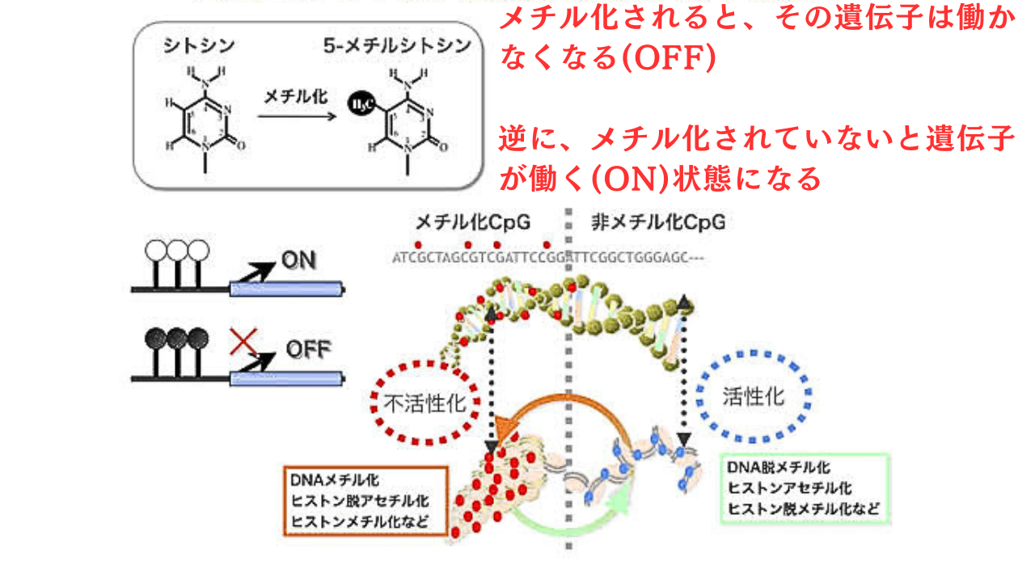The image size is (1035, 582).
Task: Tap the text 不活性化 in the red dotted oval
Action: pyautogui.click(x=425, y=403)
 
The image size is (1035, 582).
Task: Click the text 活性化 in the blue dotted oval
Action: pyautogui.click(x=753, y=396)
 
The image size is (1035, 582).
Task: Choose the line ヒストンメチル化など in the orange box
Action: pyautogui.click(x=361, y=520)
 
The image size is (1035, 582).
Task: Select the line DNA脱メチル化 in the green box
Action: pyautogui.click(x=779, y=468)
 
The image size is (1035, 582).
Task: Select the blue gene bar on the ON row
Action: pyautogui.click(x=286, y=287)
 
